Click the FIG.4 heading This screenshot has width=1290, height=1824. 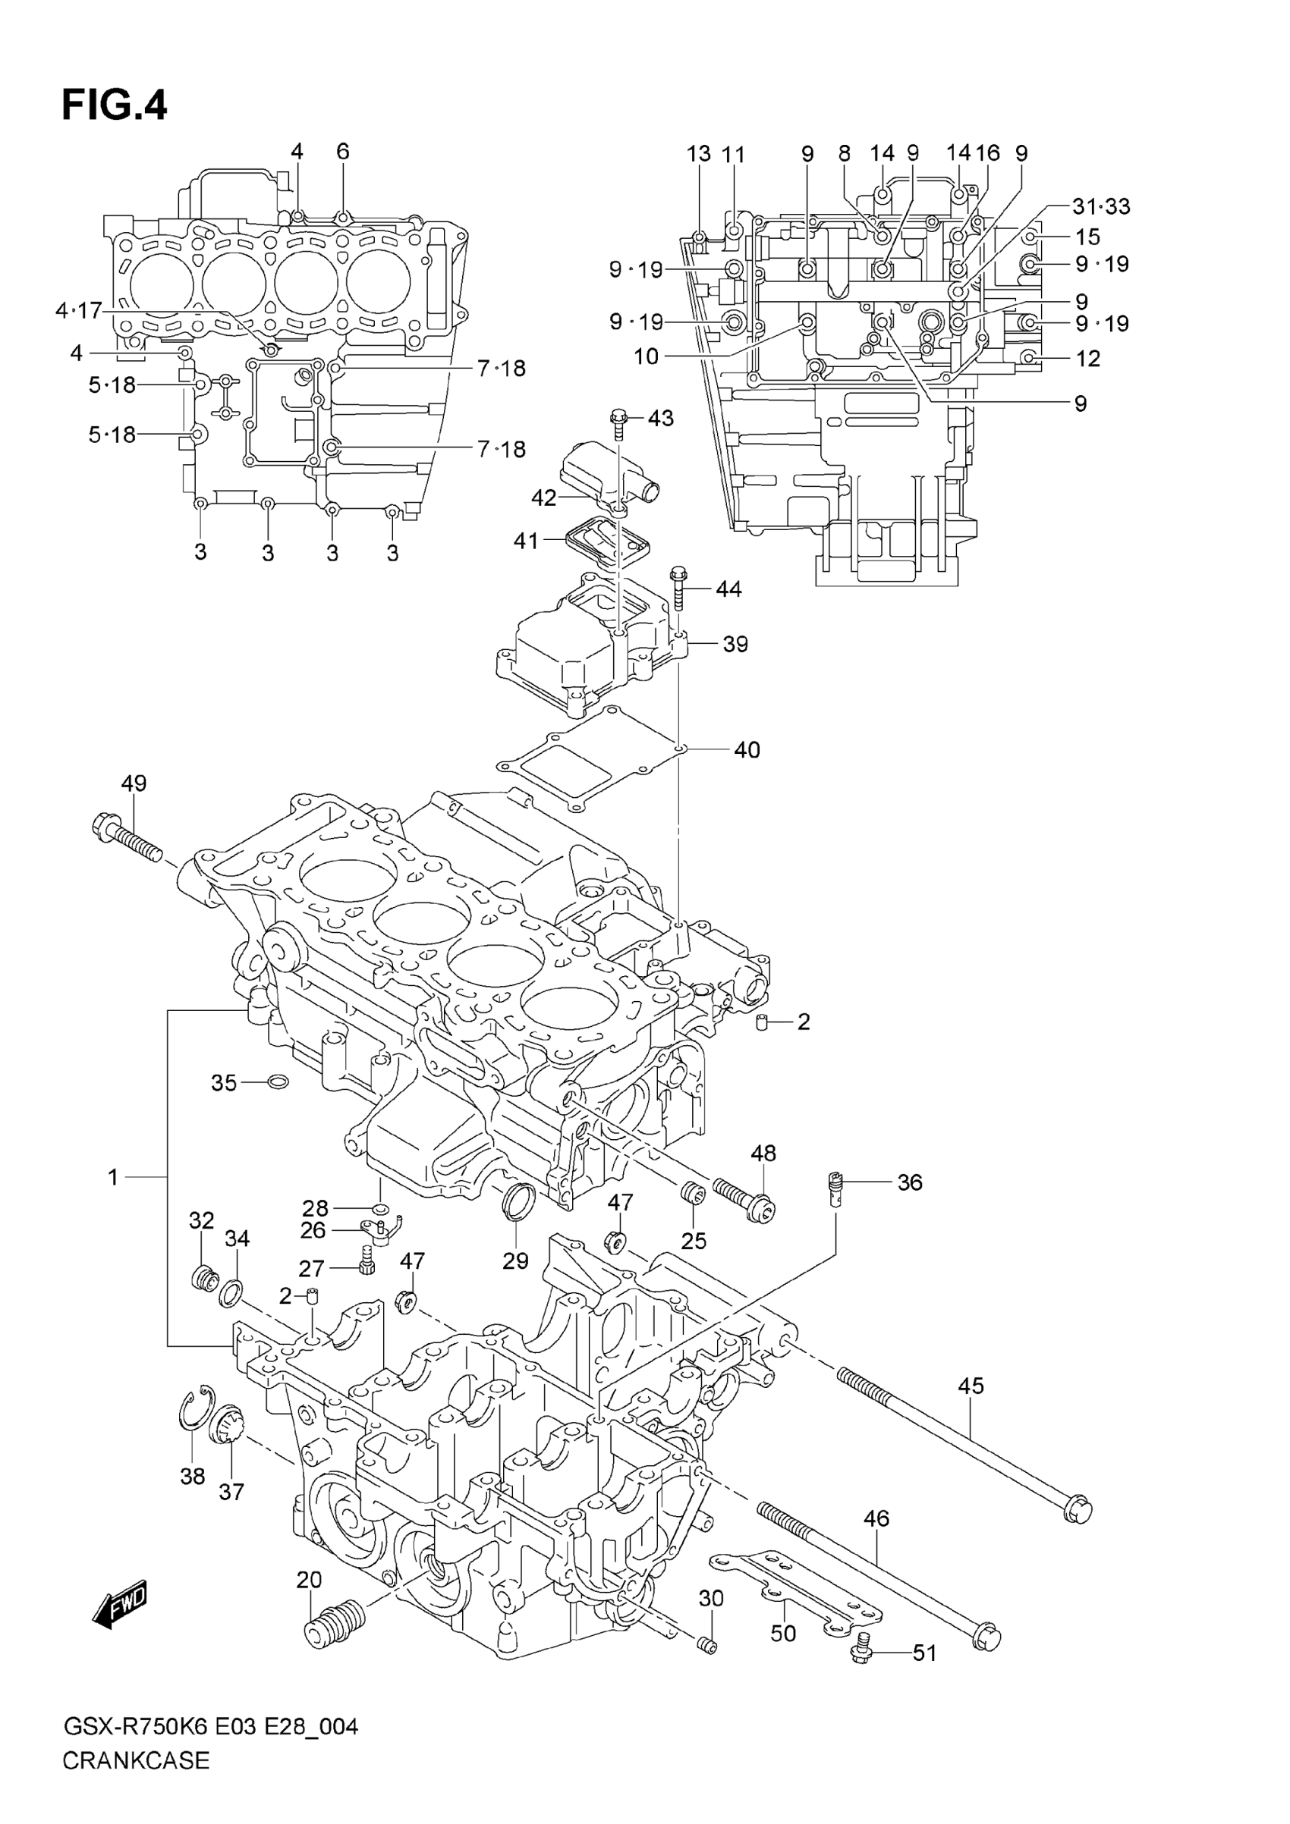click(115, 105)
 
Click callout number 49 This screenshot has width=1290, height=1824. click(134, 783)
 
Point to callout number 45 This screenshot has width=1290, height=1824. click(971, 1386)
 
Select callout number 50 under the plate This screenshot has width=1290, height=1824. click(783, 1634)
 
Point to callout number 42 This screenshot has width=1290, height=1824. click(543, 498)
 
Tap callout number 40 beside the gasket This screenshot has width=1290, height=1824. click(747, 750)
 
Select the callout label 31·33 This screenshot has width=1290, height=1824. click(1101, 206)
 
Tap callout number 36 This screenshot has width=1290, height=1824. click(909, 1183)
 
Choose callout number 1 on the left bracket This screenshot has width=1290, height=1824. click(113, 1177)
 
